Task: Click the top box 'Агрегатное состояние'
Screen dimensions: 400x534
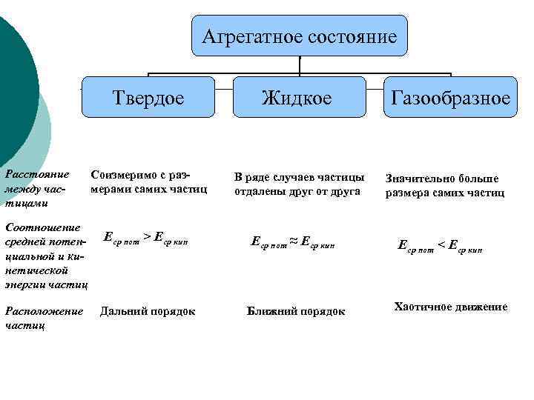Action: click(x=300, y=36)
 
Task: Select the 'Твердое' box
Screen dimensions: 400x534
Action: click(x=148, y=97)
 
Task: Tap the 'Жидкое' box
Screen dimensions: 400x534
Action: click(x=300, y=97)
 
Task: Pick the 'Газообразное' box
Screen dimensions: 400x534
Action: click(x=451, y=97)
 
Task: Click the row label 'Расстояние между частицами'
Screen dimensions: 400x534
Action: click(x=37, y=187)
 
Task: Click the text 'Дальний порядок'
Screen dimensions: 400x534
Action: click(x=148, y=311)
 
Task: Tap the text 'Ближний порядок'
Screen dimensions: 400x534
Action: click(x=296, y=311)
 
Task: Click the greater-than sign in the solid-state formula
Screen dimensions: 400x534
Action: click(x=147, y=237)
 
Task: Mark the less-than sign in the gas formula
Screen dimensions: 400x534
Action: click(x=442, y=244)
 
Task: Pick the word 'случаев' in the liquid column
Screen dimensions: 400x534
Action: click(x=292, y=177)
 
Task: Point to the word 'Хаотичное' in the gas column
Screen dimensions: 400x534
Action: click(x=422, y=307)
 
